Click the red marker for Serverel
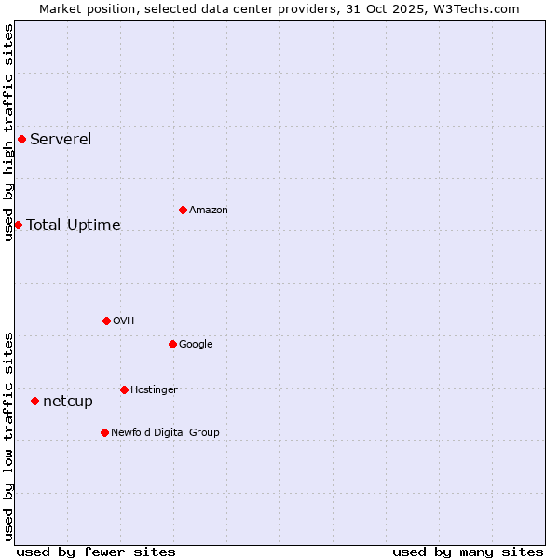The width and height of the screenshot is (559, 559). (x=21, y=140)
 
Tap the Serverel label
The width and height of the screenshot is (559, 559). (x=61, y=140)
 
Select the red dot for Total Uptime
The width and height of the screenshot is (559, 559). (x=18, y=225)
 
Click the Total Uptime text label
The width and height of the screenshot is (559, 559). (x=74, y=225)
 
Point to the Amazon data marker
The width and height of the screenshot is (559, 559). (x=183, y=210)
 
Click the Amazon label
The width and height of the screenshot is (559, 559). (x=209, y=210)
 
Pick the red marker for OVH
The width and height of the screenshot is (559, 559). (x=106, y=320)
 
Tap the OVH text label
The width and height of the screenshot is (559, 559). (x=124, y=320)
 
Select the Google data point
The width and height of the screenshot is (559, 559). (x=172, y=344)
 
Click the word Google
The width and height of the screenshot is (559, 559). (x=196, y=344)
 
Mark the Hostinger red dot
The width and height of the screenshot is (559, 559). (x=124, y=389)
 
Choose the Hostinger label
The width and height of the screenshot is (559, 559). (x=154, y=389)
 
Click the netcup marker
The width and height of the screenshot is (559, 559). (x=34, y=401)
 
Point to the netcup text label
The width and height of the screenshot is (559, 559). (x=68, y=401)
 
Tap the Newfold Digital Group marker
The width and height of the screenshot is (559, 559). (x=104, y=432)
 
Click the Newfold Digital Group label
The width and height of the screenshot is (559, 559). (x=165, y=432)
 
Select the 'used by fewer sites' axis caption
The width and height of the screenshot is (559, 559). (x=96, y=552)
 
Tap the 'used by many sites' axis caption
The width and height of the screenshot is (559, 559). (x=468, y=552)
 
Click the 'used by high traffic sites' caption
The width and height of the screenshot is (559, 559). (x=8, y=132)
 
